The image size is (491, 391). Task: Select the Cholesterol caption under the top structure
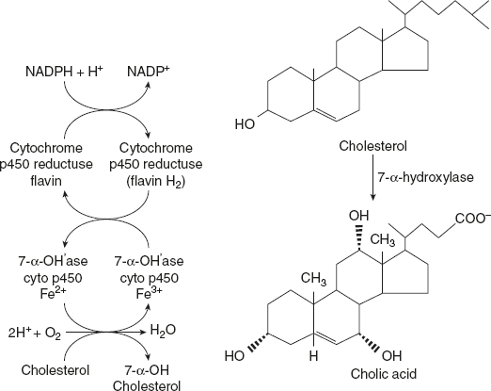click(375, 149)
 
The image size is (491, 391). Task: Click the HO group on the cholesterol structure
click(245, 123)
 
